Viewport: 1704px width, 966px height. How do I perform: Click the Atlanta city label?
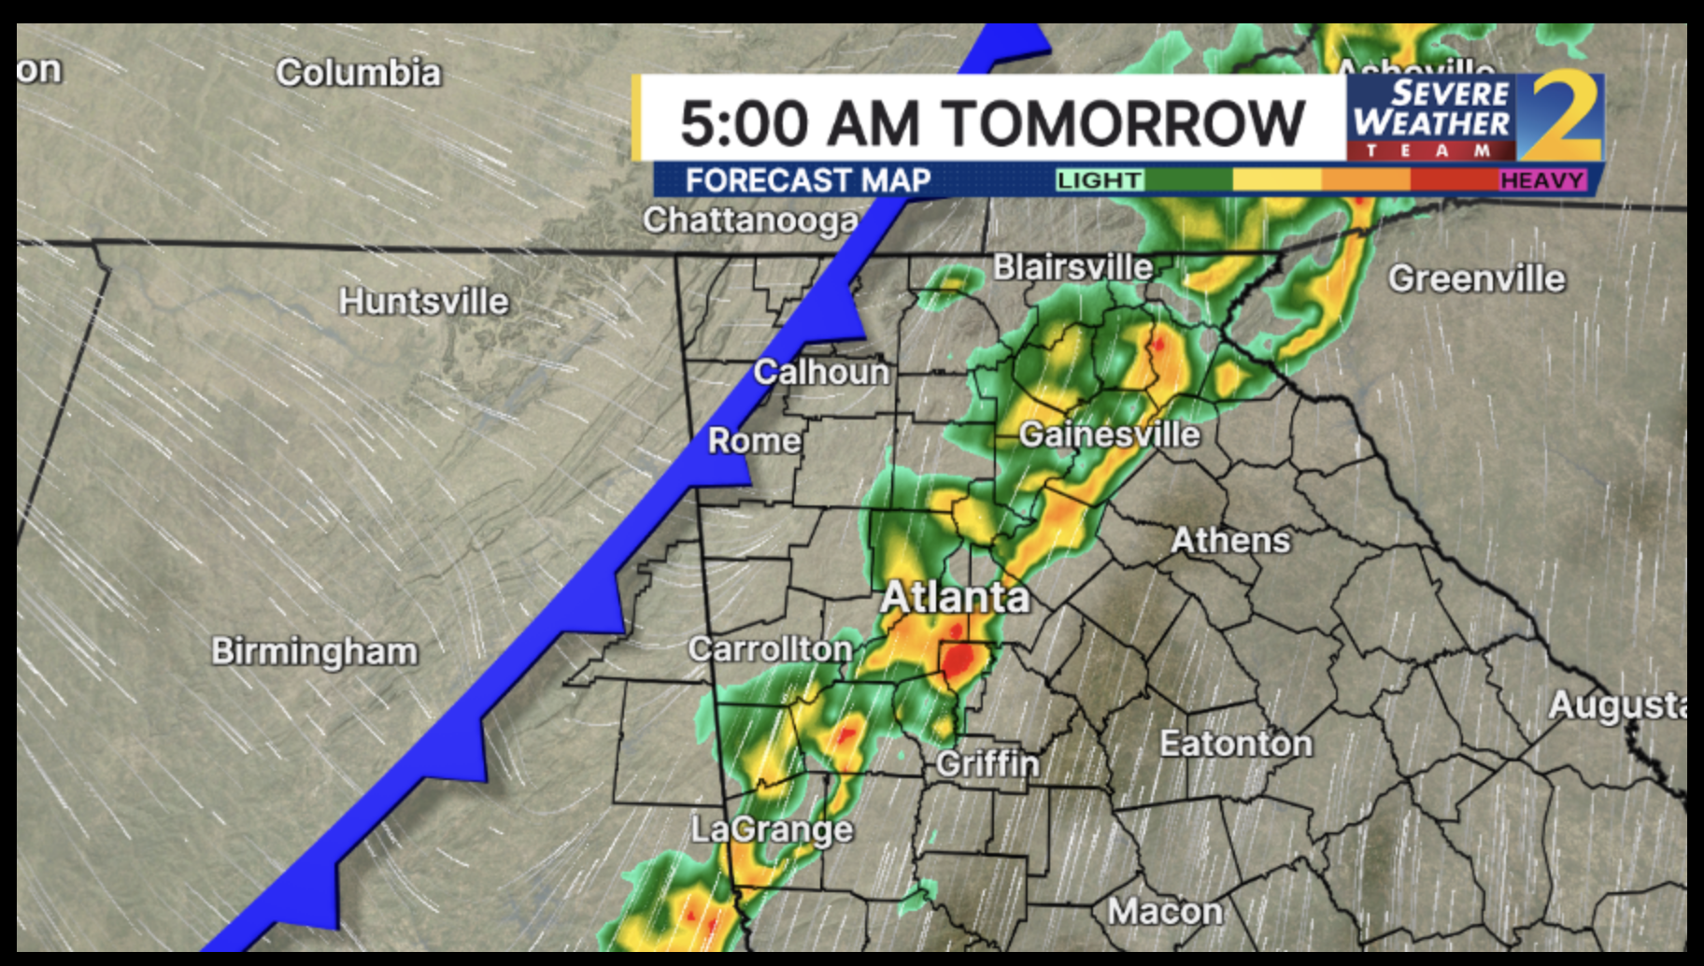(x=955, y=598)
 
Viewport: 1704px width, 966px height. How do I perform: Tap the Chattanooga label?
(x=750, y=220)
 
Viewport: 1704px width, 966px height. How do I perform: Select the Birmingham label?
(x=314, y=651)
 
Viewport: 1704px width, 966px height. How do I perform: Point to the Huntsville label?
(x=423, y=302)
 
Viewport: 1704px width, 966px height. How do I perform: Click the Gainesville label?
(x=1109, y=434)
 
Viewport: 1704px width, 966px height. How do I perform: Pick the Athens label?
(x=1230, y=540)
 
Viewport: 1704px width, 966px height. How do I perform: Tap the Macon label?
(x=1165, y=911)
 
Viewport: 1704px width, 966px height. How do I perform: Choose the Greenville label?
(x=1476, y=278)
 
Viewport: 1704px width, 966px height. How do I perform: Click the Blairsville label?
(x=1072, y=267)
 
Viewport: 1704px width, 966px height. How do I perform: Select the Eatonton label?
(x=1235, y=744)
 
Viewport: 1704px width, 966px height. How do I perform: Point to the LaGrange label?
(x=772, y=830)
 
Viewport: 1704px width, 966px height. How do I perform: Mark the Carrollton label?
(x=770, y=649)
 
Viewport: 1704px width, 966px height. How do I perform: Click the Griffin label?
(x=987, y=764)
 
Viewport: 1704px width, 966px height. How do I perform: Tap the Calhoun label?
(x=821, y=372)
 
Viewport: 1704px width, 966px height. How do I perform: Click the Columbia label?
(x=358, y=73)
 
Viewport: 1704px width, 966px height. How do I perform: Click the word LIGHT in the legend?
(x=1100, y=179)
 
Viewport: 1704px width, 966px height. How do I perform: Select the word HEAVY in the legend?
(x=1541, y=179)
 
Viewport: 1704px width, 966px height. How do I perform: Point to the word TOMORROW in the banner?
(x=1122, y=123)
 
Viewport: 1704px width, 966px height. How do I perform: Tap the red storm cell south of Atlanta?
(x=960, y=660)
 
